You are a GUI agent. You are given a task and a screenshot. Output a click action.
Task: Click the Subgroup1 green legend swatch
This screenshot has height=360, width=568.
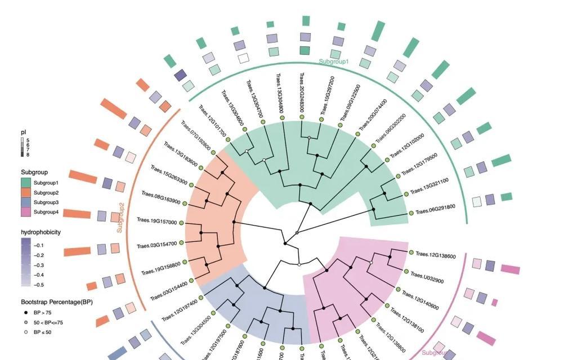[x=26, y=183]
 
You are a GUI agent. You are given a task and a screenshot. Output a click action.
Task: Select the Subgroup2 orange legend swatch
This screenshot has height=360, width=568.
[x=26, y=192]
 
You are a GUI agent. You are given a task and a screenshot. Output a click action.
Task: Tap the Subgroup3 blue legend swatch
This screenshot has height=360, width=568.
[x=26, y=202]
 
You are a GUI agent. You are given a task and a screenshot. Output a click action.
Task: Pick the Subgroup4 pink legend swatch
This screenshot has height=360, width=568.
[x=26, y=211]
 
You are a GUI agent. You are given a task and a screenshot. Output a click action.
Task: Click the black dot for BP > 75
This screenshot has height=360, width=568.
[x=26, y=312]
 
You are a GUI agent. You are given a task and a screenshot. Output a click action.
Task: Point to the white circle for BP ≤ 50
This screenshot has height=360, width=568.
[x=26, y=332]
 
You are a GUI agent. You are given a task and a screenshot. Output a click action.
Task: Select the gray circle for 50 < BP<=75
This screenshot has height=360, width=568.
[x=26, y=322]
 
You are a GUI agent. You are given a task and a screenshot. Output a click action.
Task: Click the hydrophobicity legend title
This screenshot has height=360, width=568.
[x=41, y=232]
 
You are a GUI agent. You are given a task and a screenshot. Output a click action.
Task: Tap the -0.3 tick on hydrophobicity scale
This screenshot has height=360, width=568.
[x=39, y=265]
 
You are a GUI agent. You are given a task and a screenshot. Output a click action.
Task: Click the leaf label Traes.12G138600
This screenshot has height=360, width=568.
[x=435, y=256]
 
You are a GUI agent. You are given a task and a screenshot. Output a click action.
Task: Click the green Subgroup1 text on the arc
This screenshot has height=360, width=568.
[x=334, y=61]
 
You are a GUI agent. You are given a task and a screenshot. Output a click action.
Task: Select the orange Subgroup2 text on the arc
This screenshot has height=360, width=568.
[x=120, y=218]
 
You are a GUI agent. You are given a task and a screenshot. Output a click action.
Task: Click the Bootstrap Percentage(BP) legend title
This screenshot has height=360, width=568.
[x=57, y=302]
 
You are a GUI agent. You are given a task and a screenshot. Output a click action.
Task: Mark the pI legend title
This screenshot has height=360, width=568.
[x=24, y=132]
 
